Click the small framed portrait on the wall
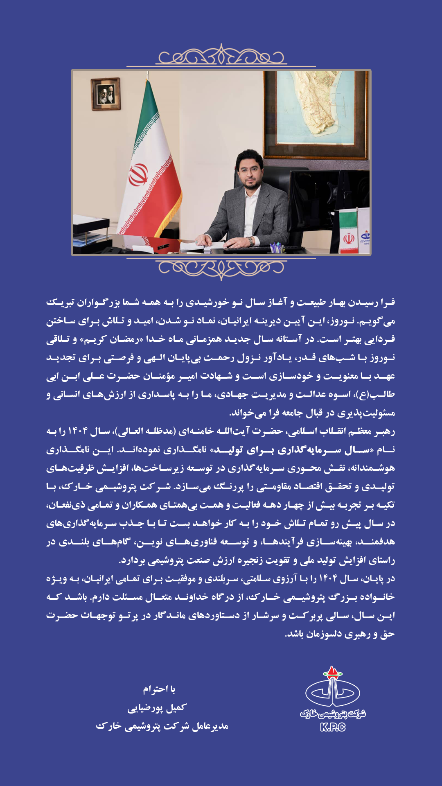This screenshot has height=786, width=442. (106, 95)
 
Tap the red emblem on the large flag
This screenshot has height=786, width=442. (138, 175)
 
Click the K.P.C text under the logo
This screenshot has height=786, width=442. (333, 727)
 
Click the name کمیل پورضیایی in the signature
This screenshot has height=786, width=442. (158, 708)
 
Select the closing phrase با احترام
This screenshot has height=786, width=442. (159, 689)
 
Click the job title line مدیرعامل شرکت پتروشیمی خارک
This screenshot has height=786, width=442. (162, 726)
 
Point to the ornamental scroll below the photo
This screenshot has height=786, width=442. (221, 268)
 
